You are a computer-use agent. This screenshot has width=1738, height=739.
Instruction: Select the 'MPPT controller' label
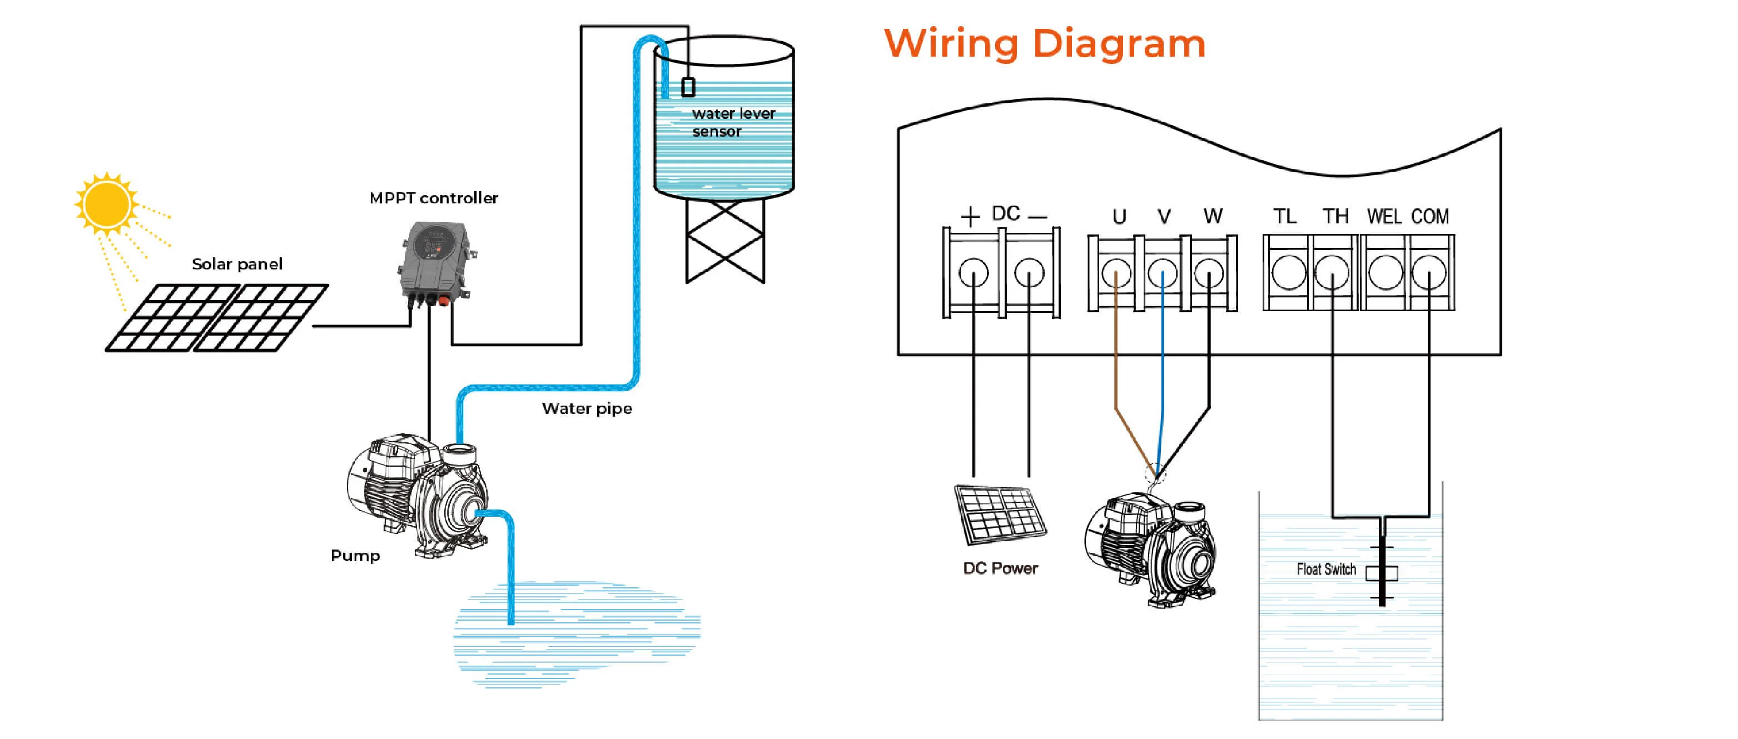pos(433,198)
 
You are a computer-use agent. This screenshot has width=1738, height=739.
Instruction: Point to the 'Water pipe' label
pos(587,408)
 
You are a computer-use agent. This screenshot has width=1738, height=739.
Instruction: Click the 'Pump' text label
pos(355,556)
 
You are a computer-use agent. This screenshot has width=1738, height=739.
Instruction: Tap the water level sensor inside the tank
pos(688,87)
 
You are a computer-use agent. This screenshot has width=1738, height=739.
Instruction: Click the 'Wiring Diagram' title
pos(1045,44)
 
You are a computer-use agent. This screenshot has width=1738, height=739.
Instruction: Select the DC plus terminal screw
pos(973,273)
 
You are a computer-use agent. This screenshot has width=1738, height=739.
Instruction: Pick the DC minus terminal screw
pos(1029,273)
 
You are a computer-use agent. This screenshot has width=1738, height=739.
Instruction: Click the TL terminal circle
pos(1289,272)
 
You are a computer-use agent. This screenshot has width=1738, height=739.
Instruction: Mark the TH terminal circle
pos(1333,272)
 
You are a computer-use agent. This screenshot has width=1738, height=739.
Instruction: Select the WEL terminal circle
pos(1385,272)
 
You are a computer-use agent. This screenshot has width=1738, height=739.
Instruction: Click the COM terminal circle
pos(1429,272)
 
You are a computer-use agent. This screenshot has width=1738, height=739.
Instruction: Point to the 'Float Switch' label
pos(1326,570)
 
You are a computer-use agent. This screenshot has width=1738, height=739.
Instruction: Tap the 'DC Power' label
pos(1000,568)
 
